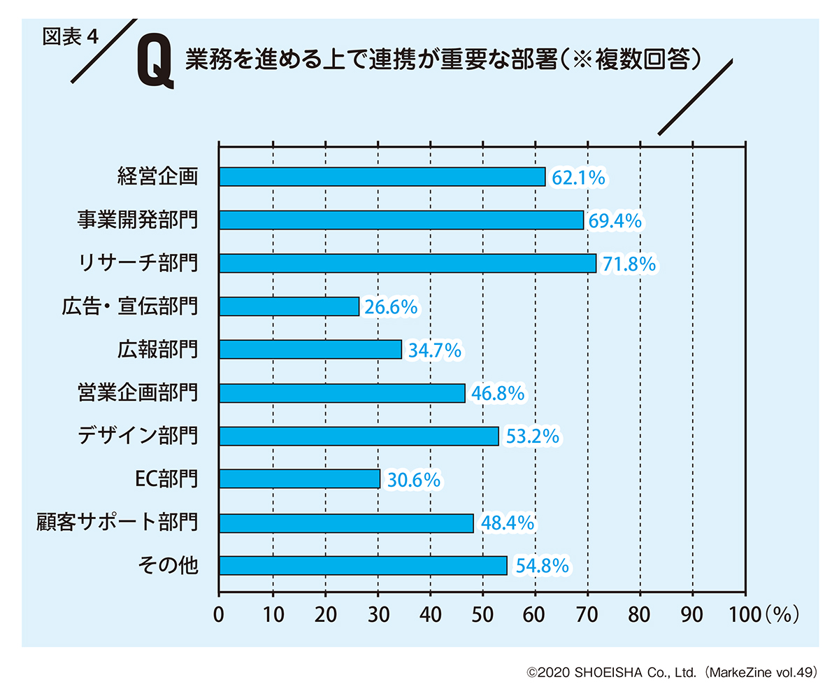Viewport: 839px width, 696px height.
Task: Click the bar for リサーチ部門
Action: pyautogui.click(x=408, y=263)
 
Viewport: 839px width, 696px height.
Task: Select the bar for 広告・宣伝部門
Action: pyautogui.click(x=289, y=306)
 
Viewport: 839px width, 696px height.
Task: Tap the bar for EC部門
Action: pyautogui.click(x=299, y=479)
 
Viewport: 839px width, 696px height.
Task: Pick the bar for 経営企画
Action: pyautogui.click(x=382, y=177)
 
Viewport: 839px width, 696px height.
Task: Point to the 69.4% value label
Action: pyautogui.click(x=615, y=221)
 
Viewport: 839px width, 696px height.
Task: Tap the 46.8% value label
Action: pyautogui.click(x=498, y=394)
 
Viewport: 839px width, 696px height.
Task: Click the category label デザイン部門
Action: pyautogui.click(x=137, y=436)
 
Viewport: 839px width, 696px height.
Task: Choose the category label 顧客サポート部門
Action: pyautogui.click(x=117, y=523)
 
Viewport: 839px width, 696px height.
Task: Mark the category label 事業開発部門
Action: pyautogui.click(x=137, y=220)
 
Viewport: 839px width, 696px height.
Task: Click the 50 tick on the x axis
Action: pyautogui.click(x=482, y=613)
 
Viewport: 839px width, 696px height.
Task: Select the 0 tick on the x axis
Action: pyautogui.click(x=220, y=613)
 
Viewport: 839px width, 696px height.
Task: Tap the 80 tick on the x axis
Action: pyautogui.click(x=640, y=613)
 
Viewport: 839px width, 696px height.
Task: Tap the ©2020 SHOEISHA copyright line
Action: pyautogui.click(x=672, y=673)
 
